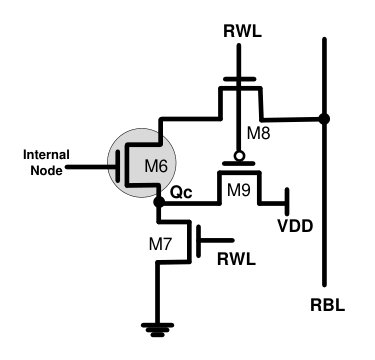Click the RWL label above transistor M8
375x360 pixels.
242,32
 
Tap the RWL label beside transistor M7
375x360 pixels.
236,259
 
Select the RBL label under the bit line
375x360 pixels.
327,305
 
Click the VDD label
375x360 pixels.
295,226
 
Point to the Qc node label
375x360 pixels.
181,193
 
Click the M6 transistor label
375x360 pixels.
156,166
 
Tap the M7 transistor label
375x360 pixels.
160,245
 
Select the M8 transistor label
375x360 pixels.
258,134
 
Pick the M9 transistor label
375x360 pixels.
239,190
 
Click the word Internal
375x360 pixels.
46,155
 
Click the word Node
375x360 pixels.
46,170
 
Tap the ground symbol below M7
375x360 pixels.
157,330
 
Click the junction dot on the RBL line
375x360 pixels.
324,118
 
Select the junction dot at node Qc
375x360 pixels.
159,202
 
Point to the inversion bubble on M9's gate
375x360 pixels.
239,155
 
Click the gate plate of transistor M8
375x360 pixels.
239,79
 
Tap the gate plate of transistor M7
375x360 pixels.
199,241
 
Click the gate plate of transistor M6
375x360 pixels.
118,166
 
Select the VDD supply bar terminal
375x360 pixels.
287,201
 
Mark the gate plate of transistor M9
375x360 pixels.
239,164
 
